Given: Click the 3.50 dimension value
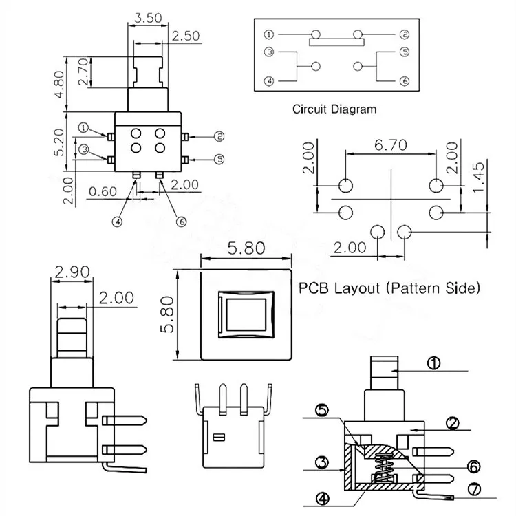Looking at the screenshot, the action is [x=148, y=18].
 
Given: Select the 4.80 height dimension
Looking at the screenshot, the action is [x=59, y=84].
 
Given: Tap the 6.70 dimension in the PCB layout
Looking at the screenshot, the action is [x=391, y=144].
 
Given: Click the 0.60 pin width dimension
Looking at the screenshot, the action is [x=103, y=191].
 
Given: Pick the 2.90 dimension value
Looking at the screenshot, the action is [x=72, y=272].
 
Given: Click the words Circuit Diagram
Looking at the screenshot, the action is [x=334, y=109].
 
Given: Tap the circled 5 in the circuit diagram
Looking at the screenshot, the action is [x=404, y=52].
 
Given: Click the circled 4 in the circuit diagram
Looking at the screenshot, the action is [x=269, y=81].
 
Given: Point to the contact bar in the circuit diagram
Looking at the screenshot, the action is [x=336, y=42].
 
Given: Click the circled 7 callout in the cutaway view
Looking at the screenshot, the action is [x=474, y=489].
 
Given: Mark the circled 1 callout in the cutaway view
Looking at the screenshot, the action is [x=433, y=363].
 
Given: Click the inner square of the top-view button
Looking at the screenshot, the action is [x=246, y=314].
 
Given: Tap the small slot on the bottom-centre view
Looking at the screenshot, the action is [x=219, y=438].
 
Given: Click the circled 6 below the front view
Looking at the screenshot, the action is [x=182, y=222].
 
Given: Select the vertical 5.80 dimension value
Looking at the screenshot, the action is [x=167, y=315].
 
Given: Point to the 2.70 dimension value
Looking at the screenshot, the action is [x=83, y=72].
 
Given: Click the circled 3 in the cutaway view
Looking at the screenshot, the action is [x=322, y=462].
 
